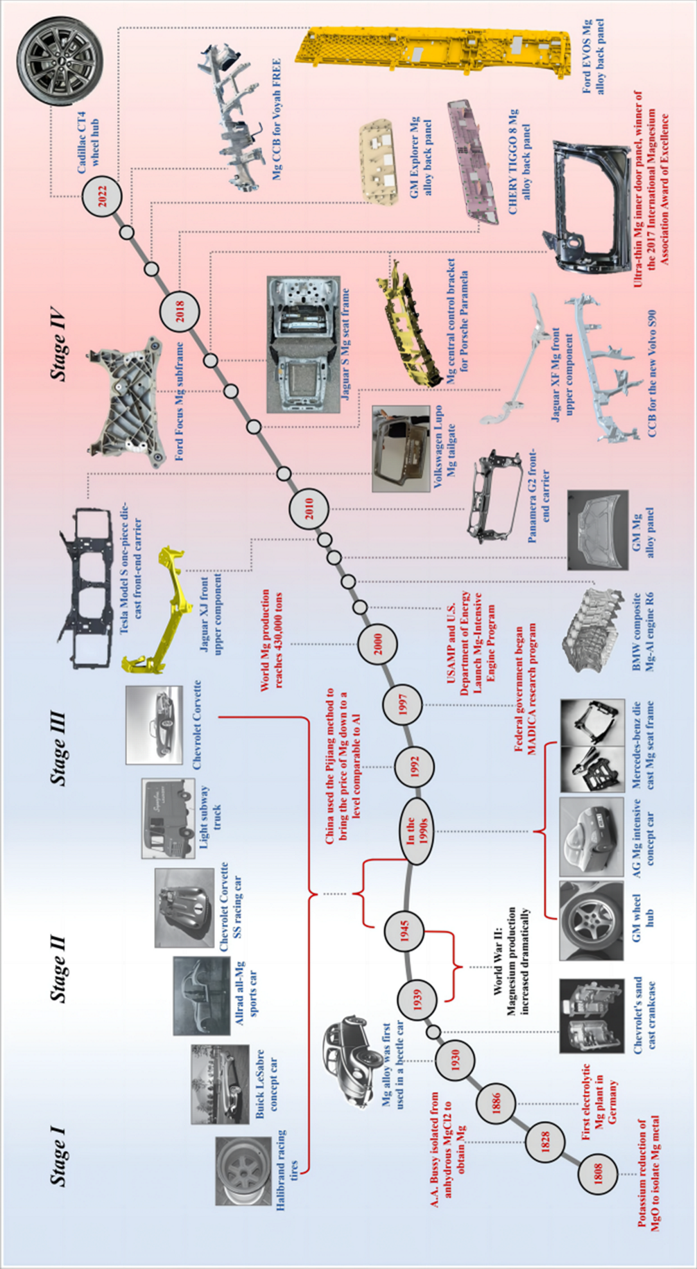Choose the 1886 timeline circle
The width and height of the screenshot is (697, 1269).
tap(497, 1102)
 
